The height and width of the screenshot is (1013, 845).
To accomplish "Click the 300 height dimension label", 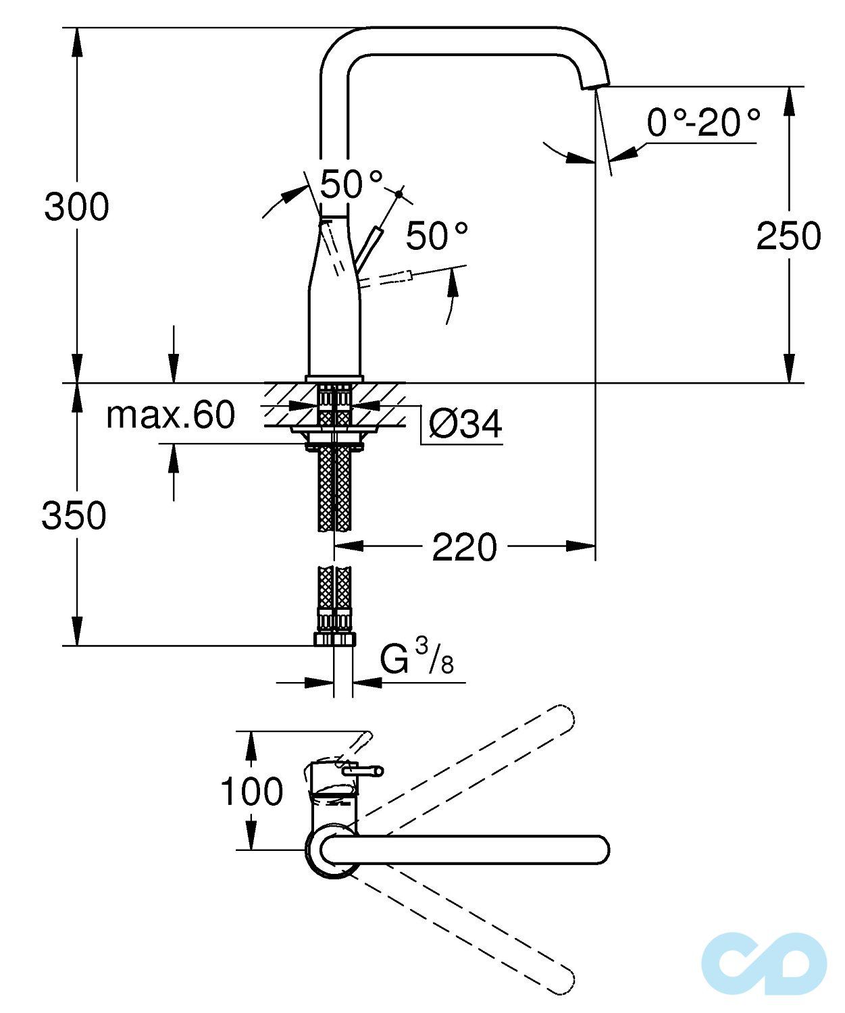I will (76, 207).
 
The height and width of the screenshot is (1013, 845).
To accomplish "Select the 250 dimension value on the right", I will (788, 236).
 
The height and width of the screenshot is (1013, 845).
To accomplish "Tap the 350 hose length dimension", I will (74, 515).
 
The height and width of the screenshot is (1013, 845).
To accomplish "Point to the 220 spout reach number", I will (464, 547).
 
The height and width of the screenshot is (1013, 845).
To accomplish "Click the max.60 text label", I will (170, 415).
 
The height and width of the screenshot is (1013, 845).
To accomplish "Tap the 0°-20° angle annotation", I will (703, 123).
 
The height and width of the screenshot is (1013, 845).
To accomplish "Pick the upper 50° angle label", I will (351, 184).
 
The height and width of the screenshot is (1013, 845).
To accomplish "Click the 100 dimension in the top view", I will (252, 791).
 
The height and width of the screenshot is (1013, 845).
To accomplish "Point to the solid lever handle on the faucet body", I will (369, 246).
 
